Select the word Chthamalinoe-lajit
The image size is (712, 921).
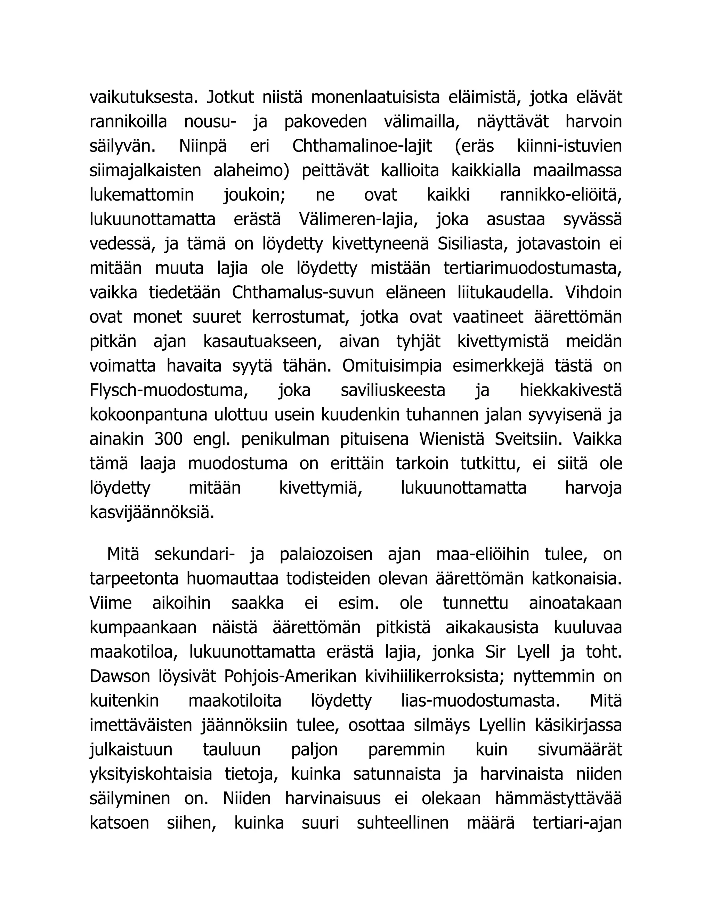pos(362,146)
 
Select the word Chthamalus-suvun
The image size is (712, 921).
pos(303,293)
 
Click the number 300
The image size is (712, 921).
pos(168,439)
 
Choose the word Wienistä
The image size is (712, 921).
pos(451,439)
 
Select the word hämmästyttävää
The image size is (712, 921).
pos(558,799)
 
